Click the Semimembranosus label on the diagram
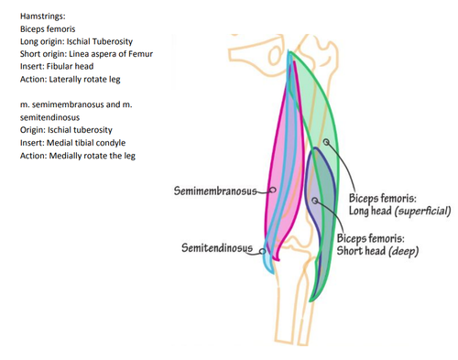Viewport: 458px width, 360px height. (x=215, y=191)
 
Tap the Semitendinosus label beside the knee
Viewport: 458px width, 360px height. (x=217, y=247)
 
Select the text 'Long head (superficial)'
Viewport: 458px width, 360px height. (x=399, y=211)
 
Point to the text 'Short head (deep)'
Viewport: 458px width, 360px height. (x=377, y=251)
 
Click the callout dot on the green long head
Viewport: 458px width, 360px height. (x=326, y=142)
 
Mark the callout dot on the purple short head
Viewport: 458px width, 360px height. (x=315, y=201)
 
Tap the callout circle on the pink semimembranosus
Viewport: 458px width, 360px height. (x=273, y=190)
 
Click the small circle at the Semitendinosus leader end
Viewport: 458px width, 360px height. (x=262, y=251)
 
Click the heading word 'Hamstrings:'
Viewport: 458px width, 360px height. (x=43, y=16)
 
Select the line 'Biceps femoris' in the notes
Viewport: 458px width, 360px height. (x=48, y=29)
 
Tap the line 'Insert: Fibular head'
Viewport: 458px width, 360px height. (x=57, y=67)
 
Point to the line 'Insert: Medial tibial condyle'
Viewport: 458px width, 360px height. (x=72, y=143)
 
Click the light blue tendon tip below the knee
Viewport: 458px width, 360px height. (x=272, y=272)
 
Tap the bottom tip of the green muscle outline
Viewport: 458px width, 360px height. (x=311, y=300)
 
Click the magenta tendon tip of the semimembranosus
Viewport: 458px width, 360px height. (x=278, y=260)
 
